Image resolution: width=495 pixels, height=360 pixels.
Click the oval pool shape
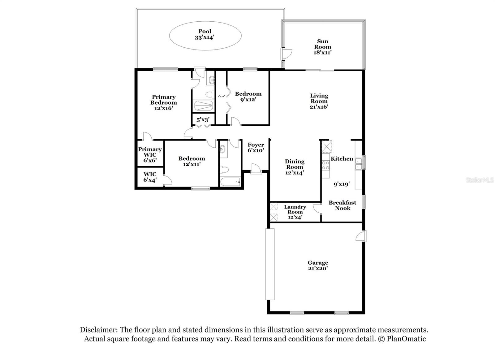tap(205, 36)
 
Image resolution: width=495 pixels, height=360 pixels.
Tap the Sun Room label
tap(323, 47)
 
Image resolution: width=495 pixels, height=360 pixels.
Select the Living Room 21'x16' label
tap(319, 101)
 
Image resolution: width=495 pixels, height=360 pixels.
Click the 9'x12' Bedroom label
tap(248, 96)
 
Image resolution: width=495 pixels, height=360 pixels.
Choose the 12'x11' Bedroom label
tap(192, 161)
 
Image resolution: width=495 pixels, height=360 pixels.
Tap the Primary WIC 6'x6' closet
tap(150, 154)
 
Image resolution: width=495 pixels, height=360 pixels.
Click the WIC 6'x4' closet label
tap(150, 177)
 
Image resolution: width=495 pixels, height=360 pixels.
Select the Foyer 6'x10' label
tap(256, 147)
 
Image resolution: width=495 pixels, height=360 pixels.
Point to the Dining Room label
tap(295, 167)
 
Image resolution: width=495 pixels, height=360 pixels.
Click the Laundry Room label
tap(295, 212)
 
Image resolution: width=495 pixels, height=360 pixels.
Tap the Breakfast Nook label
tap(342, 205)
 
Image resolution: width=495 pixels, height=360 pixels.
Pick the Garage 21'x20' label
tap(318, 265)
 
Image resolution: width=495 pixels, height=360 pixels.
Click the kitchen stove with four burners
tap(325, 165)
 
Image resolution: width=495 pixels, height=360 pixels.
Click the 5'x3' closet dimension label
tap(203, 119)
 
